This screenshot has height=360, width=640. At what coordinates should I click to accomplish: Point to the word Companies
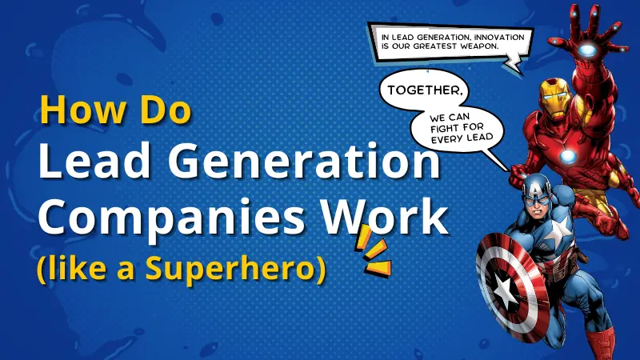click(148, 218)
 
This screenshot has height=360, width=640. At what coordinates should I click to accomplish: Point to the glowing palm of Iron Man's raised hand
click(588, 50)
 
